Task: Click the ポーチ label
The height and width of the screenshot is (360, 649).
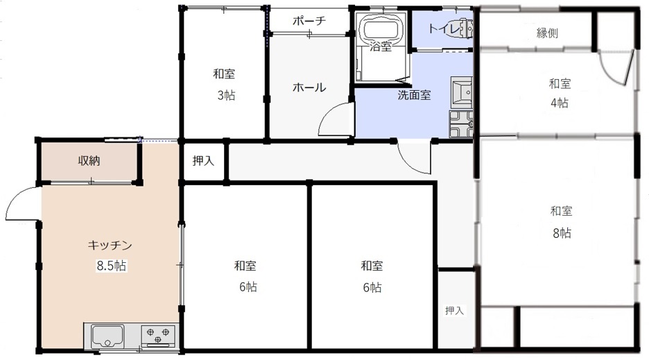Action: (x=309, y=20)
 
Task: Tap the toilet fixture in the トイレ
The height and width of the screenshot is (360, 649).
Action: (x=466, y=28)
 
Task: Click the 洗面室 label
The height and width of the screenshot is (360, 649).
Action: (x=414, y=95)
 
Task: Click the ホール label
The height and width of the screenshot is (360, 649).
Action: (x=309, y=87)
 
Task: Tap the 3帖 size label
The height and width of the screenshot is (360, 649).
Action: (x=226, y=95)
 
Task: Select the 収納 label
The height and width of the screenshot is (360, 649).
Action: (x=89, y=160)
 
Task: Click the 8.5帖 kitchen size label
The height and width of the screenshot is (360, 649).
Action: (x=112, y=265)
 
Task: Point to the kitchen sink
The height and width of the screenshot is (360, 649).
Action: (x=107, y=336)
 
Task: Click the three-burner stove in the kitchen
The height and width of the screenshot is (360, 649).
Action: (x=157, y=335)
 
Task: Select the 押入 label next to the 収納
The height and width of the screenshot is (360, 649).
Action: (x=203, y=160)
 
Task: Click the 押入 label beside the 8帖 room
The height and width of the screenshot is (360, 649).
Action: (x=454, y=310)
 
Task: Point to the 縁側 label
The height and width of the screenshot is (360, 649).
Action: (x=547, y=33)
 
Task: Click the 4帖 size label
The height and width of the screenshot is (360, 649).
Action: (x=559, y=103)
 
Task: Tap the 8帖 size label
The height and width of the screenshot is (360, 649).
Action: (x=562, y=233)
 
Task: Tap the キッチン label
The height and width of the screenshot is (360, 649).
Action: (x=110, y=246)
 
